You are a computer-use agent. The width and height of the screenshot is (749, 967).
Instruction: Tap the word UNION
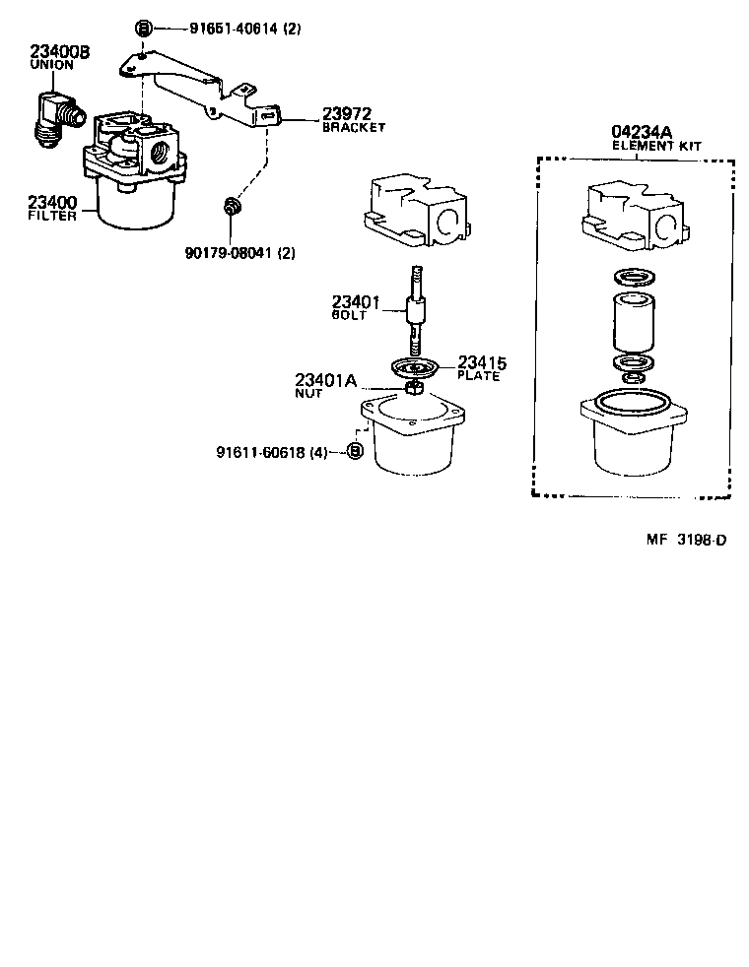pos(51,65)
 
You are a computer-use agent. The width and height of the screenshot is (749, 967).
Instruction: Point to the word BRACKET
pos(354,128)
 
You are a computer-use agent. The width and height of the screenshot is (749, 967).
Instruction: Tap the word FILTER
pos(52,216)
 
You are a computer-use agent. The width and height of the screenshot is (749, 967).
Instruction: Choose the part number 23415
pos(480,361)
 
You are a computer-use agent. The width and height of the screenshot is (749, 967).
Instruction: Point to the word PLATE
pos(479,375)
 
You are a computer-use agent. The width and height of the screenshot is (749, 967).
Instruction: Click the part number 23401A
pos(325,379)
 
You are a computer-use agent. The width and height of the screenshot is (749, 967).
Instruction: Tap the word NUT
pos(308,393)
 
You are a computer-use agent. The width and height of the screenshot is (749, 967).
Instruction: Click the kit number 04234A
pos(643,132)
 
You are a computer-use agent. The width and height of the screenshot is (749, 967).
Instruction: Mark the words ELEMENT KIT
pos(656,146)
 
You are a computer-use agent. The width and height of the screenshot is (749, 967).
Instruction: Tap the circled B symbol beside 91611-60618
pos(356,452)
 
